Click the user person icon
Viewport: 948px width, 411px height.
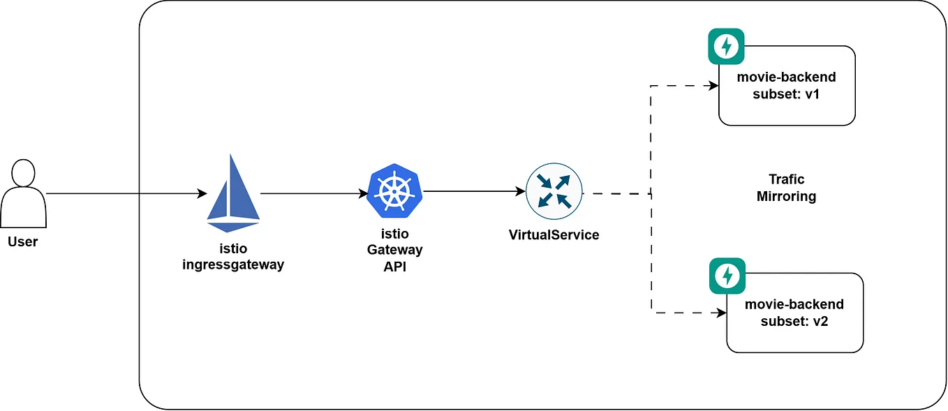pyautogui.click(x=23, y=193)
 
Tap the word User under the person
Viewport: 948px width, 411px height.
pyautogui.click(x=23, y=242)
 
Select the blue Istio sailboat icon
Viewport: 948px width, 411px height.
pyautogui.click(x=233, y=193)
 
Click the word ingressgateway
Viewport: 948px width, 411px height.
pyautogui.click(x=233, y=265)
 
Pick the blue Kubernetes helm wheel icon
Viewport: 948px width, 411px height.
pyautogui.click(x=394, y=191)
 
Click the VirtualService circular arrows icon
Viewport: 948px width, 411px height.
pyautogui.click(x=554, y=191)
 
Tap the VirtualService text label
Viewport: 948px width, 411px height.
pyautogui.click(x=554, y=235)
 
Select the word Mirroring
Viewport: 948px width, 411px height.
pyautogui.click(x=786, y=197)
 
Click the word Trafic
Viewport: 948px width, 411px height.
pyautogui.click(x=786, y=180)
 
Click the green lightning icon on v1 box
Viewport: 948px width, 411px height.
pyautogui.click(x=727, y=47)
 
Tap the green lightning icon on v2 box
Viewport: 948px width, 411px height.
pyautogui.click(x=727, y=276)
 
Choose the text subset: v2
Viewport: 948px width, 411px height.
pyautogui.click(x=794, y=322)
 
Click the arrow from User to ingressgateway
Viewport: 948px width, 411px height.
pyautogui.click(x=126, y=193)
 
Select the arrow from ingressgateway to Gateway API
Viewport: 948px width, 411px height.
pyautogui.click(x=314, y=194)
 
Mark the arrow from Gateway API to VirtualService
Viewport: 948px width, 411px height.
pyautogui.click(x=475, y=191)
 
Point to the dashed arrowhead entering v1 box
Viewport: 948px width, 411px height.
pyautogui.click(x=713, y=86)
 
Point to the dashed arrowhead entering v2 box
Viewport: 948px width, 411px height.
pyautogui.click(x=721, y=314)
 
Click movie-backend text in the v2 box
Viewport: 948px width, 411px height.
pyautogui.click(x=794, y=305)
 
